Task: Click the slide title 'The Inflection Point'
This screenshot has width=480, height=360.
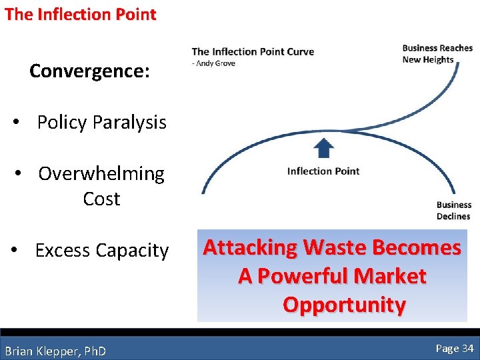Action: coord(80,14)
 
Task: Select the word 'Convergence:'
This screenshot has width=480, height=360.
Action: coord(89,71)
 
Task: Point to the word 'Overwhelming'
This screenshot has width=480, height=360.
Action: coord(101,174)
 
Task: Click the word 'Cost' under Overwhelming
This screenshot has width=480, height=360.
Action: coord(101,199)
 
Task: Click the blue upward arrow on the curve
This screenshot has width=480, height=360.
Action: coord(323,147)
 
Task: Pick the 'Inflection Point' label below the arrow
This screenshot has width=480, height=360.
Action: coord(323,171)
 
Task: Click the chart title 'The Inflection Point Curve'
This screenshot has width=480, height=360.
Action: coord(253,52)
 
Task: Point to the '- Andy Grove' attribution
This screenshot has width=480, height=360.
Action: coord(213,63)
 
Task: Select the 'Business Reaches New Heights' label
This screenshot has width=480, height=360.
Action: coord(437,54)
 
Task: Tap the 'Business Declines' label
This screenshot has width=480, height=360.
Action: coord(453,211)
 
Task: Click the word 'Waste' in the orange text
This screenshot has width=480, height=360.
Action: coord(335,248)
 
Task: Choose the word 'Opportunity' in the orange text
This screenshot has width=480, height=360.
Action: coord(344,305)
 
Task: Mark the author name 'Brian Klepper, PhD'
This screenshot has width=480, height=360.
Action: coord(55,351)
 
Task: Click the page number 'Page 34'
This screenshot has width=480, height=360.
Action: coord(455,348)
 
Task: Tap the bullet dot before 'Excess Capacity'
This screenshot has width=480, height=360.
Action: coord(15,251)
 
